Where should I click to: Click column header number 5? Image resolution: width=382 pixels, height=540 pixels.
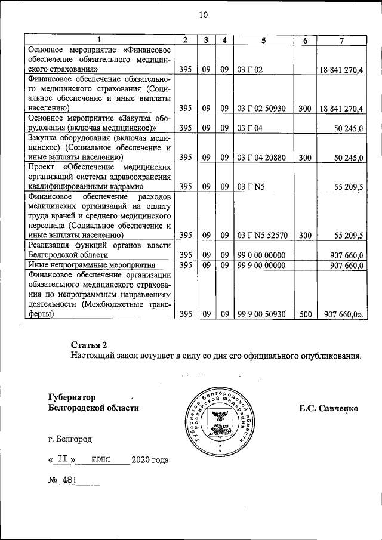(263, 40)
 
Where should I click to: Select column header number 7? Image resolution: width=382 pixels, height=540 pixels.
(341, 40)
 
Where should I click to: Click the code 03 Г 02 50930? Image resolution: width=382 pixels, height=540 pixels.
(262, 108)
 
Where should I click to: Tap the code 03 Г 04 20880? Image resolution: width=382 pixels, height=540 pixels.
(262, 158)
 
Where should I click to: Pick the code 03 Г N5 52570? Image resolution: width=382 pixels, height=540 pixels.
(262, 235)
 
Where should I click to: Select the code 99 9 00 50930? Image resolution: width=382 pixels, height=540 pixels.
(262, 314)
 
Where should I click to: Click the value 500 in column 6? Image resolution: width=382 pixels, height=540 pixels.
(305, 314)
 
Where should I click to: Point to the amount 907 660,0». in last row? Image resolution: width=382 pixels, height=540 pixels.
(343, 314)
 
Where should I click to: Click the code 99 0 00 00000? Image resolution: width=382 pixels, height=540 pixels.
(262, 255)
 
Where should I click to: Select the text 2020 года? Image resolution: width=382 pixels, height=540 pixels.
(150, 460)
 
